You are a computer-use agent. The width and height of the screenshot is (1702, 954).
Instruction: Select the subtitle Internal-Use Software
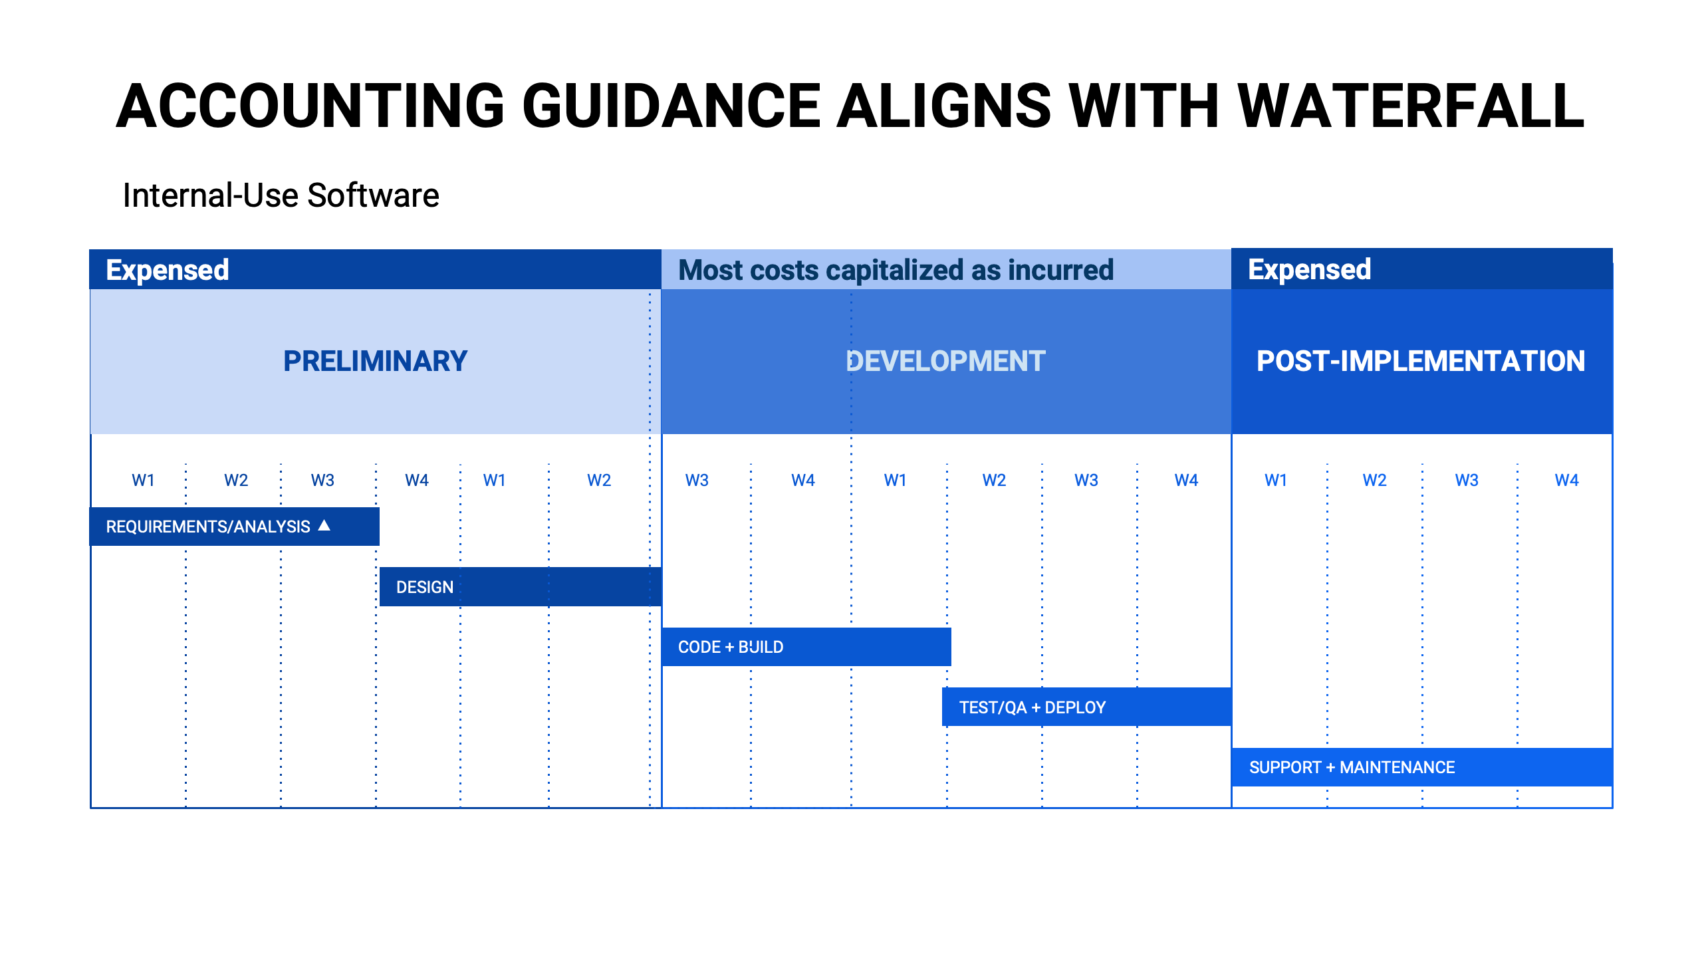281,195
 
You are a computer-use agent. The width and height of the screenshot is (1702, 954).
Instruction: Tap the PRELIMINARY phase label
376,361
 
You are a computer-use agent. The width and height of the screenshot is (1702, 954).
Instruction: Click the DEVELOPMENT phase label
946,361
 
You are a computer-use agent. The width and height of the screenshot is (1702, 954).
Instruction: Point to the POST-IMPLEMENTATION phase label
1421,361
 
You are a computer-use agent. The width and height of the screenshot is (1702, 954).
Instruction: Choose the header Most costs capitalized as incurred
896,270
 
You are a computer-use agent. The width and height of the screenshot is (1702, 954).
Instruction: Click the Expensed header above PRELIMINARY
168,270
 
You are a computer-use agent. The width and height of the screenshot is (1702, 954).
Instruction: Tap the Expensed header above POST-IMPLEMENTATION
1309,269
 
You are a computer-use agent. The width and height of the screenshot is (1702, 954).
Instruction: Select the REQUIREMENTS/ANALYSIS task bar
235,527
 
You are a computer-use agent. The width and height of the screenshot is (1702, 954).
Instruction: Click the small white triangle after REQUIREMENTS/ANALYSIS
324,525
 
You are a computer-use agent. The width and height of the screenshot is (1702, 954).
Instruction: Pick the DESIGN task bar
521,587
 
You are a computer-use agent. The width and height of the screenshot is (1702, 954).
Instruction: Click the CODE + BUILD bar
806,647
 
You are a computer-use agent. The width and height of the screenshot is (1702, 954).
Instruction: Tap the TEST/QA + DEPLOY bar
1087,707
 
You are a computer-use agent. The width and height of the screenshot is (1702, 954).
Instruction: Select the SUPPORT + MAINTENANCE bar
1422,767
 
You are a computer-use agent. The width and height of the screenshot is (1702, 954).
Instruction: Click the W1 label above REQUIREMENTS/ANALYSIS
144,480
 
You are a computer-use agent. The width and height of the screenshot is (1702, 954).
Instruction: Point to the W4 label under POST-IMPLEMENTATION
1566,480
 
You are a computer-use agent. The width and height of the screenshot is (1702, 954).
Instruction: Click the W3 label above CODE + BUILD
697,480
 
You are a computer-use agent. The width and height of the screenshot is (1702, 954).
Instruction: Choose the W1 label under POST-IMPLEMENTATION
1276,480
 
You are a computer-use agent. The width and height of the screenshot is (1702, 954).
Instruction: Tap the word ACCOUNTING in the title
310,106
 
